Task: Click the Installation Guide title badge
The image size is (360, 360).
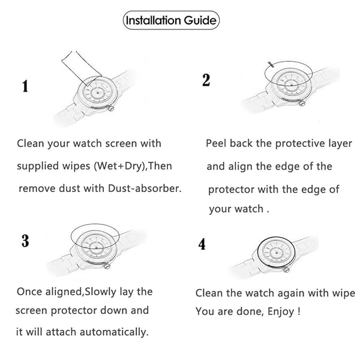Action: pos(171,20)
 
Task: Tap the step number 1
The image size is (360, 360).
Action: pos(25,86)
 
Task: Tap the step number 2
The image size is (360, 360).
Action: pos(206,80)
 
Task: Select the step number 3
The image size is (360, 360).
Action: pos(25,241)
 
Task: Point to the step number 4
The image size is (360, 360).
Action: pos(202,245)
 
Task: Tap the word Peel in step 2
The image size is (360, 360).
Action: pos(217,143)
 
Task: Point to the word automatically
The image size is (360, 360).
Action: pos(113,332)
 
